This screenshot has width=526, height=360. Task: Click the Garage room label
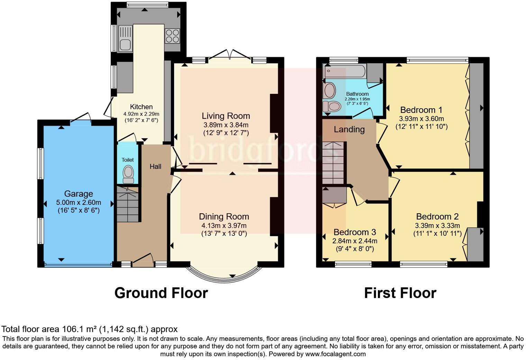pyautogui.click(x=79, y=194)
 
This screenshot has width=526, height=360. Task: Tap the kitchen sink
pyautogui.click(x=125, y=38)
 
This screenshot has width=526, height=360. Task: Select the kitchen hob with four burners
pyautogui.click(x=172, y=36)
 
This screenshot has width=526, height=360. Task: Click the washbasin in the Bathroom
pyautogui.click(x=329, y=91)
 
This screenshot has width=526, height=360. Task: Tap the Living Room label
pyautogui.click(x=226, y=116)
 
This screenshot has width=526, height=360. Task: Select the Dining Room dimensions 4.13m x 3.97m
pyautogui.click(x=224, y=226)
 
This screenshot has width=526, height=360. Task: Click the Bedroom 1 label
pyautogui.click(x=421, y=110)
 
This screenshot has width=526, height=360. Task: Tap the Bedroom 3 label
pyautogui.click(x=355, y=232)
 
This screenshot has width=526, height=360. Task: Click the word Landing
pyautogui.click(x=349, y=129)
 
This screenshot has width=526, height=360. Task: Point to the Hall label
pyautogui.click(x=155, y=166)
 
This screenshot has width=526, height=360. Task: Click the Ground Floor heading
pyautogui.click(x=161, y=293)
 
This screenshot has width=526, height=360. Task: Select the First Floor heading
pyautogui.click(x=400, y=293)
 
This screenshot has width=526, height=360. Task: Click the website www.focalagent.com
pyautogui.click(x=335, y=354)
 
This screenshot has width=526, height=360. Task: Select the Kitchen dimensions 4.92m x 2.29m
pyautogui.click(x=141, y=114)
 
